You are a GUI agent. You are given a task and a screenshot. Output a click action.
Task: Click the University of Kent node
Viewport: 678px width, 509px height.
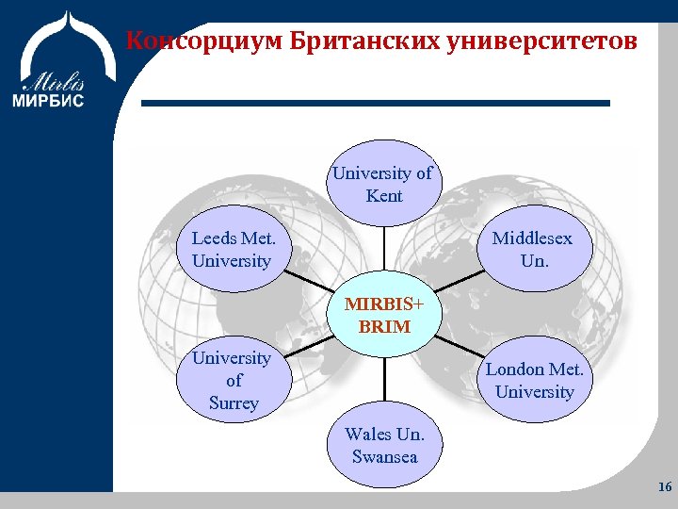coord(383,184)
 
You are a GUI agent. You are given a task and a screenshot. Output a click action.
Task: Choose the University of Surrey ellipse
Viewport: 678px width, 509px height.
coord(233,381)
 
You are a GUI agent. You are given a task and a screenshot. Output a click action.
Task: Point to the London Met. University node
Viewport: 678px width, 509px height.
coord(534,381)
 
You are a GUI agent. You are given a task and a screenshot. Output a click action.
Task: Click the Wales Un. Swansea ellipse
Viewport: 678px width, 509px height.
coord(383,446)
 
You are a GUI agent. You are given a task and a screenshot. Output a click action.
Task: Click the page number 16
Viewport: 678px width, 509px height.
coord(664,487)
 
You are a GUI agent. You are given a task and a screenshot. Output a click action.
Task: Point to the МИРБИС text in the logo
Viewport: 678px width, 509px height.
coord(48,101)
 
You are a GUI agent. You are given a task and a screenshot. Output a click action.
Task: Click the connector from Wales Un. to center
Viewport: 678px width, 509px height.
coord(383,381)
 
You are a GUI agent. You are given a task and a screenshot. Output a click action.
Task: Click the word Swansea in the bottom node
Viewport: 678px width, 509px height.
coord(384,457)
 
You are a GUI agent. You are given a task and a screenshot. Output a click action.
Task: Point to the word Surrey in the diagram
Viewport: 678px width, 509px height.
coord(234,403)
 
